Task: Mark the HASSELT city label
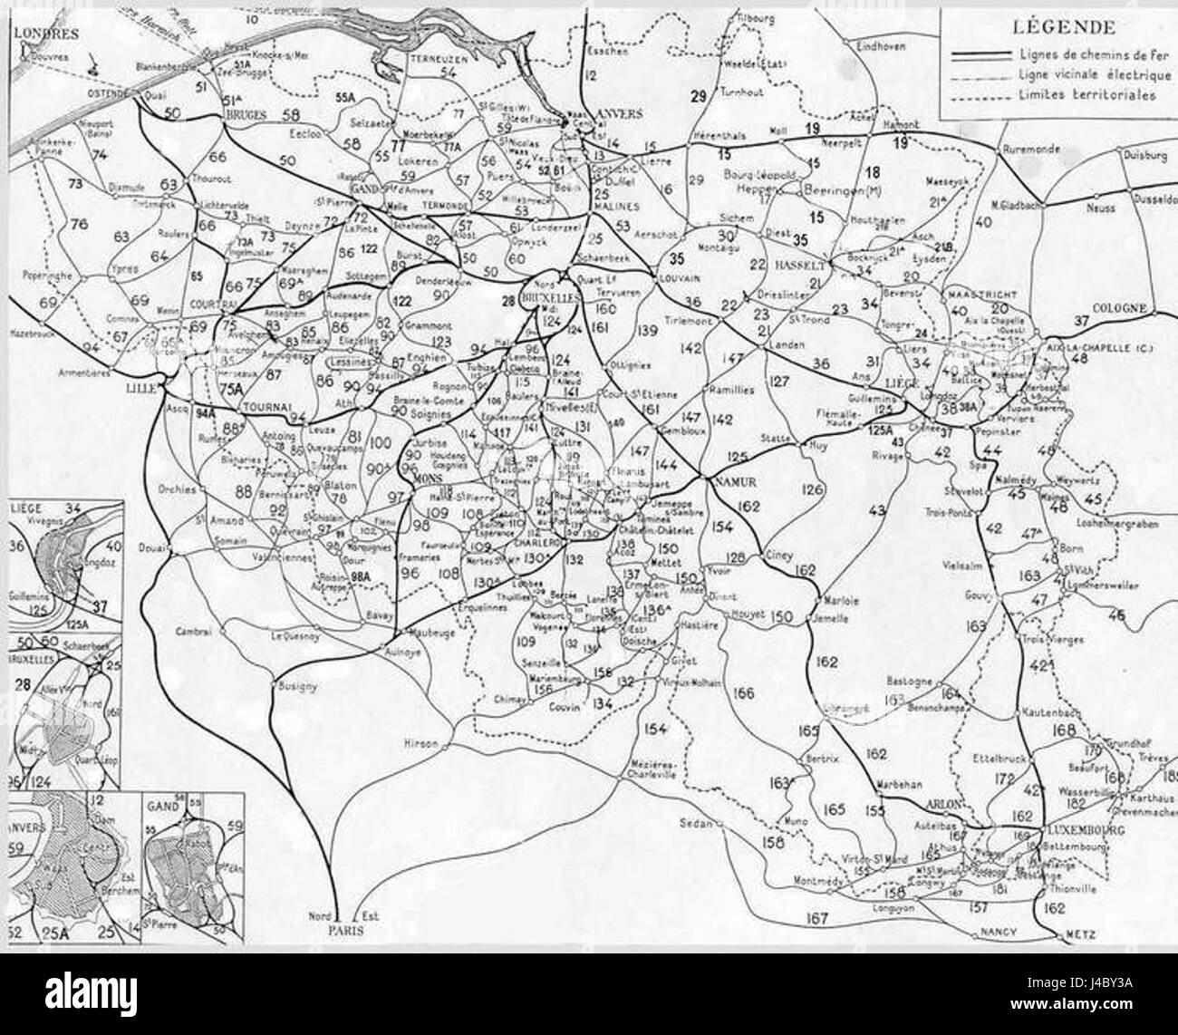(799, 266)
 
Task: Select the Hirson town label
(420, 744)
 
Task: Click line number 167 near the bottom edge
(816, 918)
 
